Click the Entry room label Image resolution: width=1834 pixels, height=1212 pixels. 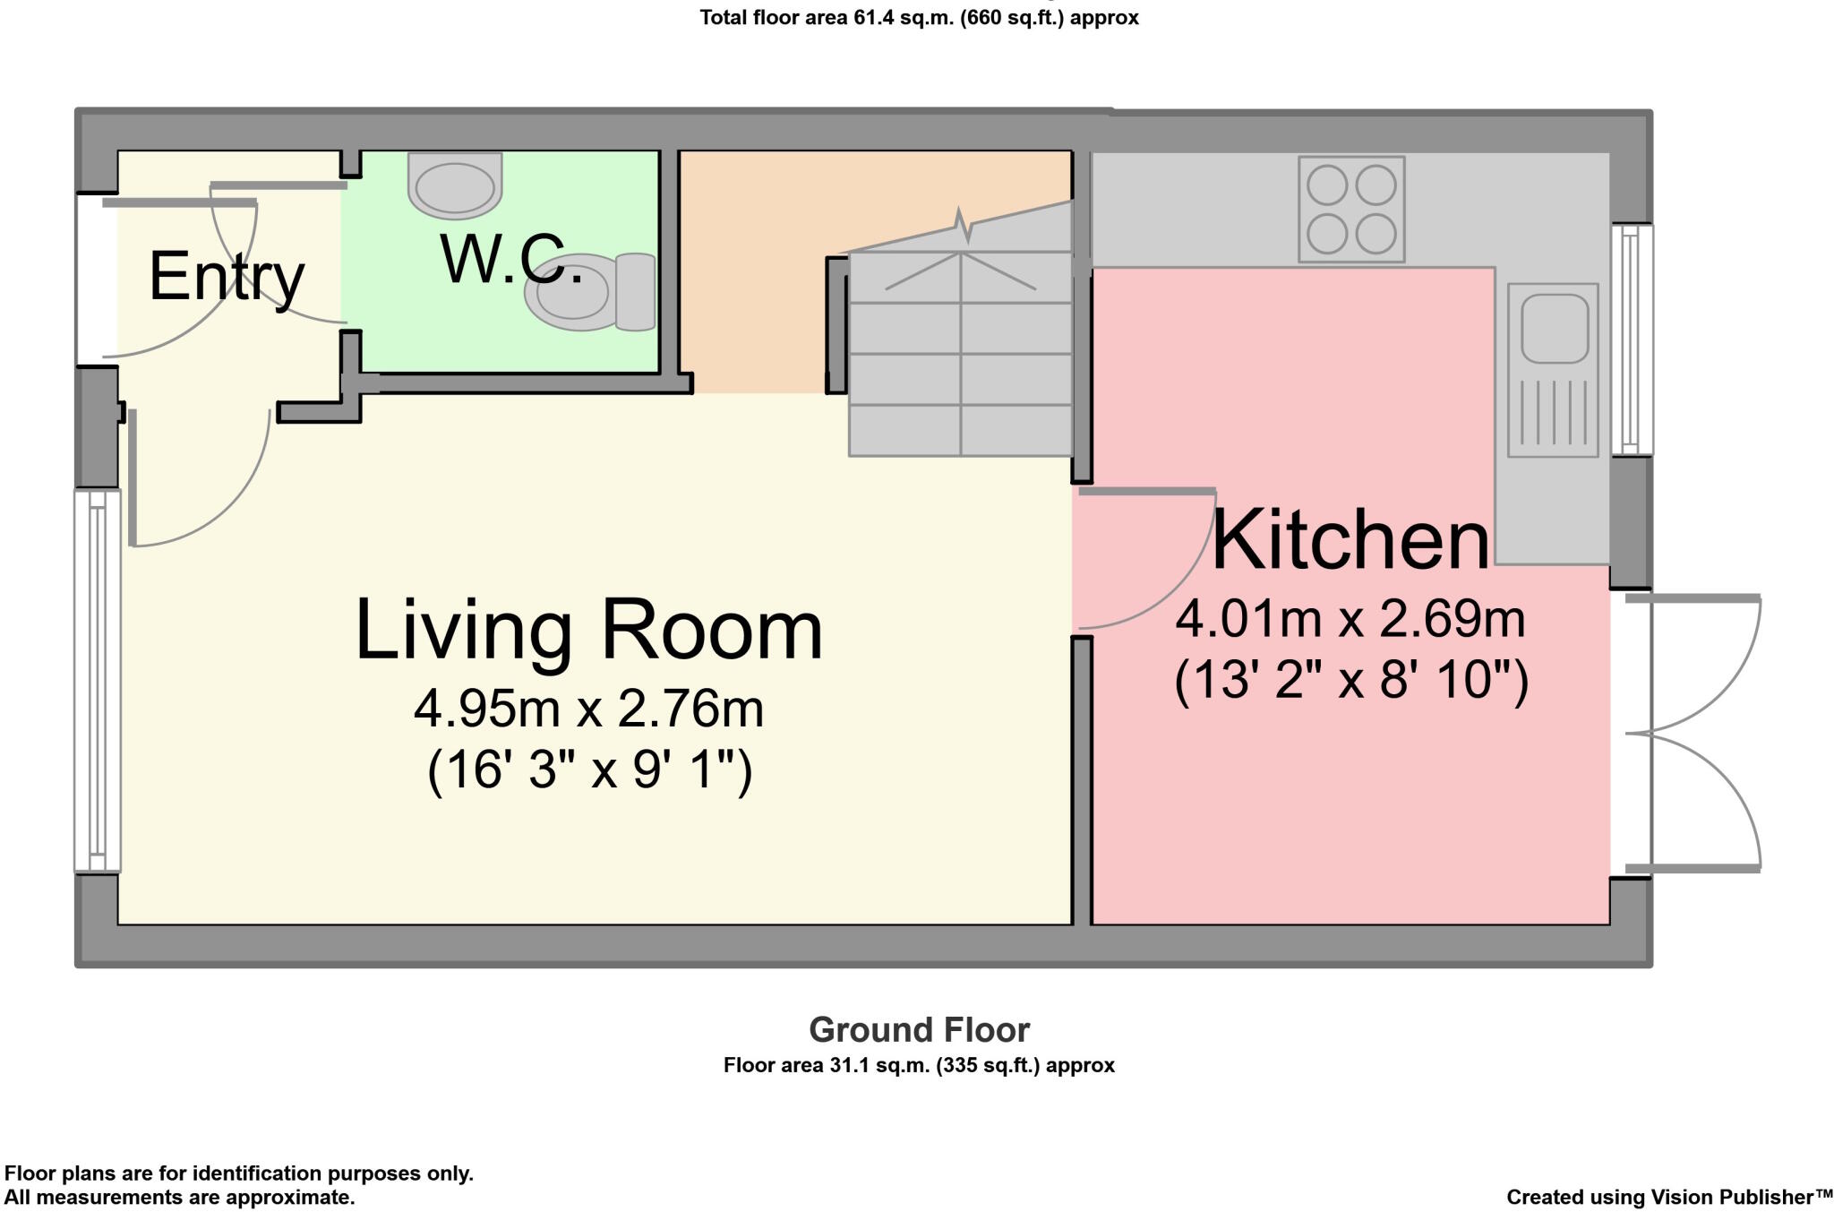click(227, 278)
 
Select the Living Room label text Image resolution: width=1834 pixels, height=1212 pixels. click(588, 631)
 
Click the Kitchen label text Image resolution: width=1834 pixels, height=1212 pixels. click(1351, 539)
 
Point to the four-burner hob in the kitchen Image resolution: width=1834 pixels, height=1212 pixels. click(1351, 210)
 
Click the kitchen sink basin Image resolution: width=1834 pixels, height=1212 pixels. click(1554, 329)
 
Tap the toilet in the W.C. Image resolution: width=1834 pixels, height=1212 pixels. click(590, 292)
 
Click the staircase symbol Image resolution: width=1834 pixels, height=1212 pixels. click(960, 331)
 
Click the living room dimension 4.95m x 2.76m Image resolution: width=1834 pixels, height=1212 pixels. click(588, 709)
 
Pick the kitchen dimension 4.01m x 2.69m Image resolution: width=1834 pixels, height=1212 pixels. click(1350, 619)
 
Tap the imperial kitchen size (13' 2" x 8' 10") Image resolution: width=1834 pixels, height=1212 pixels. click(1351, 681)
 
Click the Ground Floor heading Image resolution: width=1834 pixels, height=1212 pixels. click(919, 1030)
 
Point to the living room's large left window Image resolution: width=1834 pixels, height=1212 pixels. click(98, 681)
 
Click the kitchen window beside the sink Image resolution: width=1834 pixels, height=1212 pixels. click(1632, 340)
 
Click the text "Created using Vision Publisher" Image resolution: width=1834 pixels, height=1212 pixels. click(1669, 1198)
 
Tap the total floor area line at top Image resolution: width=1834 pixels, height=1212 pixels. click(919, 18)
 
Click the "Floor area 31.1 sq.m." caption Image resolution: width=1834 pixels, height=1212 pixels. click(919, 1066)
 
